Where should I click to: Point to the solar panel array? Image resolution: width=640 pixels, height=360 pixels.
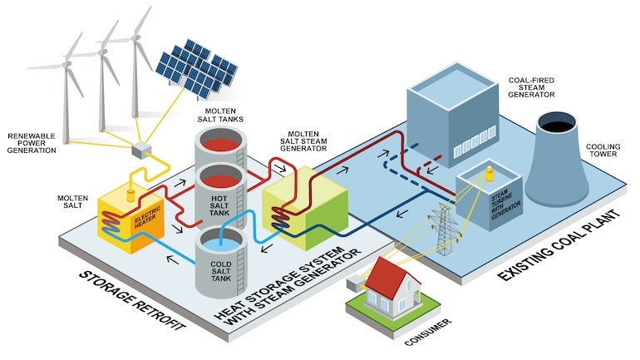(x=196, y=67)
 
